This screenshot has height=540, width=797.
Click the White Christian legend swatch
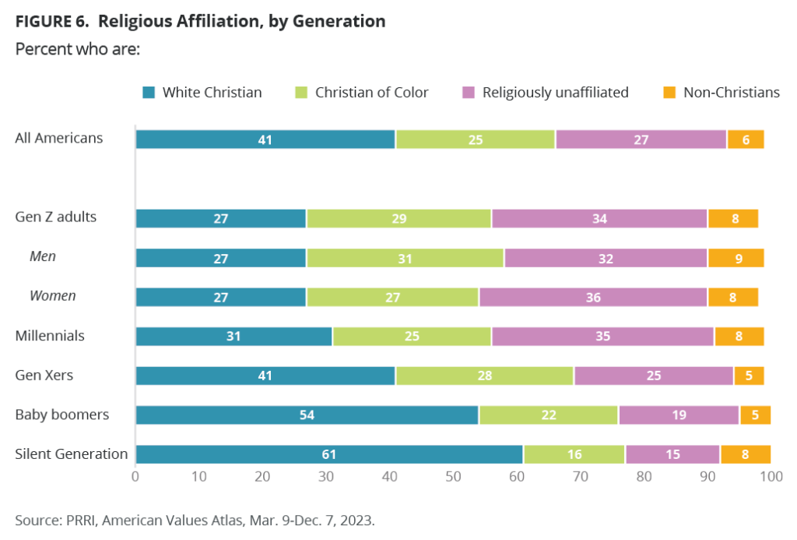point(149,93)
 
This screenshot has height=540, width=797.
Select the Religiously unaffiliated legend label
point(555,93)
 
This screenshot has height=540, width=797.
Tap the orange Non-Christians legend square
point(669,93)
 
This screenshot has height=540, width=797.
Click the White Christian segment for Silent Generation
point(329,454)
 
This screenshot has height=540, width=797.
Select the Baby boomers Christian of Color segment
point(548,415)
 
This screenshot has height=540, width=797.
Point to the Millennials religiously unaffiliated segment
point(602,336)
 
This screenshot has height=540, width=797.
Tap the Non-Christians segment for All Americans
point(745,139)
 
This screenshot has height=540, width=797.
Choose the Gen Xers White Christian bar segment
point(265,376)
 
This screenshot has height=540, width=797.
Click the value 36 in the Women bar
point(593,296)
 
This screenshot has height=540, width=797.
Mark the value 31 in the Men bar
point(405,257)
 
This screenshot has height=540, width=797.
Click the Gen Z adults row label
point(56,217)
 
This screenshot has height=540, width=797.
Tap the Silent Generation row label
point(72,454)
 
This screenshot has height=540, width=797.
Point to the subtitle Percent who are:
point(76,48)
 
